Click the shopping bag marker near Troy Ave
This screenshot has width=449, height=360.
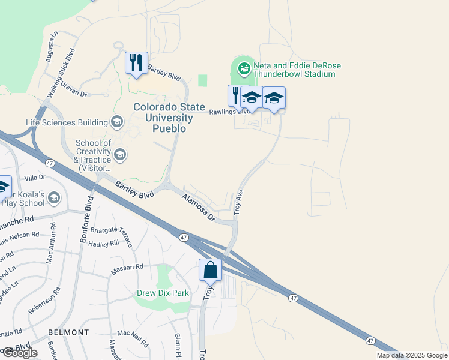pyautogui.click(x=211, y=270)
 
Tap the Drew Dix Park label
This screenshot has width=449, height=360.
pyautogui.click(x=162, y=293)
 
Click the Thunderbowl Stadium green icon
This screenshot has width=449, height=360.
pyautogui.click(x=244, y=68)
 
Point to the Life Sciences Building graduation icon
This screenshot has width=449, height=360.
pyautogui.click(x=116, y=123)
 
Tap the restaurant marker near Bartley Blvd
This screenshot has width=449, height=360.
pyautogui.click(x=137, y=62)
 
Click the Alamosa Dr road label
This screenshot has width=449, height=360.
pyautogui.click(x=199, y=208)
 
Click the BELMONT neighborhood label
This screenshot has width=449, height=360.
pyautogui.click(x=68, y=332)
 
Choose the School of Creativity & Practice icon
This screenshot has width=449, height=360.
pyautogui.click(x=120, y=155)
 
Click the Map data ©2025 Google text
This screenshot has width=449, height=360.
pyautogui.click(x=411, y=355)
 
